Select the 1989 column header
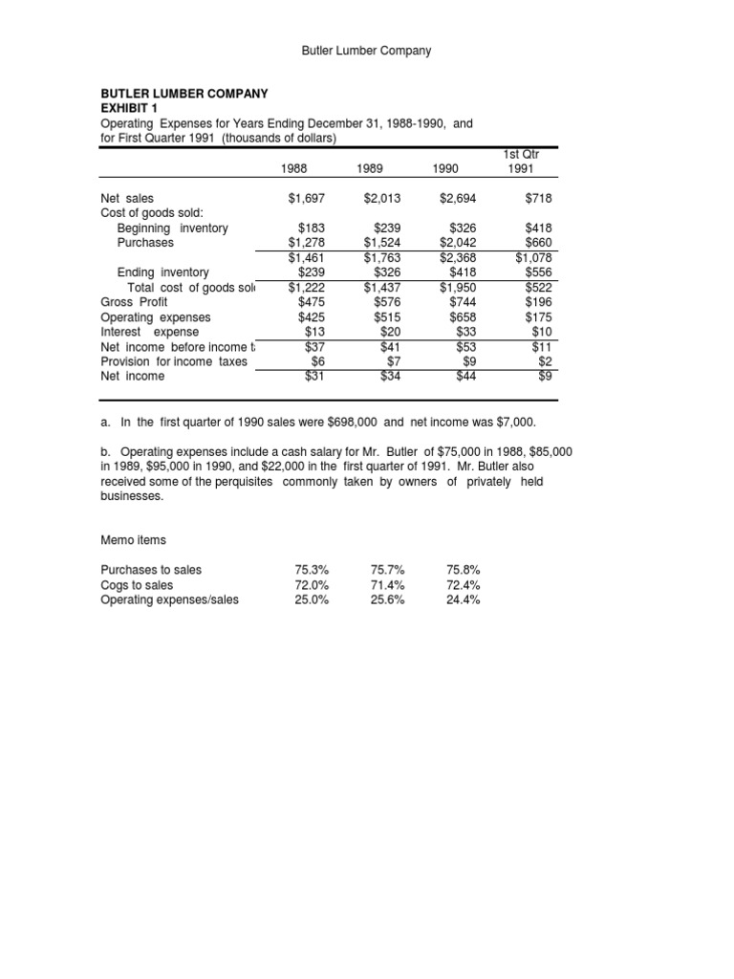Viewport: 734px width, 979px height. (370, 168)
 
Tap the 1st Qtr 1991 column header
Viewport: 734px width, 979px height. (521, 162)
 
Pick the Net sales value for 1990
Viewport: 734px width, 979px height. (458, 198)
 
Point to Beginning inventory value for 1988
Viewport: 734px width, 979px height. (310, 228)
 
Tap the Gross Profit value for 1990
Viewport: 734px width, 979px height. (463, 302)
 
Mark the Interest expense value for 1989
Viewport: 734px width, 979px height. (389, 332)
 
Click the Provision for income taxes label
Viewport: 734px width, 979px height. (174, 361)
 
